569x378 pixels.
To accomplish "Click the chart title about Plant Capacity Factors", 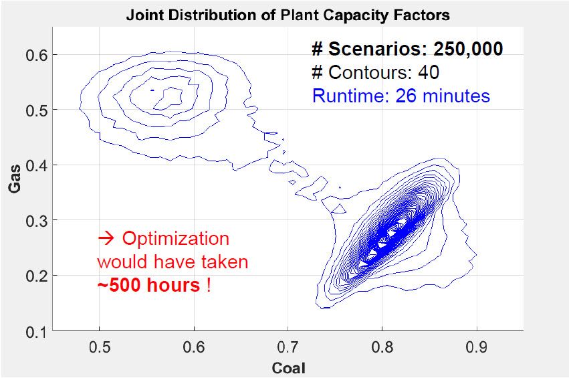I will (288, 14).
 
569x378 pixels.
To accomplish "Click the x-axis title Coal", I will (288, 367).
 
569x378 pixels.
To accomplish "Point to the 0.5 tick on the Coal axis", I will (99, 347).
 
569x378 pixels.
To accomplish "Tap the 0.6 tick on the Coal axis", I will (194, 347).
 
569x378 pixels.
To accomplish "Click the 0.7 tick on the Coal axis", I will (288, 347).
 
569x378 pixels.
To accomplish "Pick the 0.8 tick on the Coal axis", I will (382, 347).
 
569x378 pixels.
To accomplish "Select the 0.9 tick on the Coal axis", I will (475, 347).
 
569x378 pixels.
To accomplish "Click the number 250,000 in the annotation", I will (468, 49).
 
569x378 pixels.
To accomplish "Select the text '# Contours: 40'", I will (375, 72).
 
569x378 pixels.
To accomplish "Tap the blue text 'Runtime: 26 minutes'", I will (401, 96).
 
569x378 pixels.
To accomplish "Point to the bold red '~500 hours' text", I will (148, 285).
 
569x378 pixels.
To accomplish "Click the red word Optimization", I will (175, 239).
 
